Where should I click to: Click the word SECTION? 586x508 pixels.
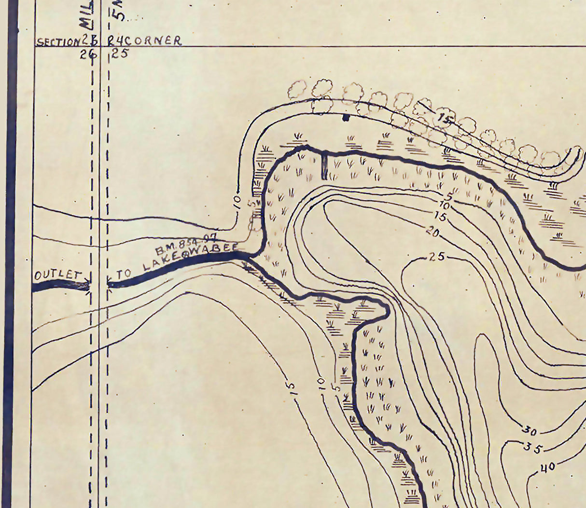56,41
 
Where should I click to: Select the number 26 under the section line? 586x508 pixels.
88,55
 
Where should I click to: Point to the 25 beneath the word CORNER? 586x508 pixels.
120,54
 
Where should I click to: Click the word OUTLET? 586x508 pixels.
56,275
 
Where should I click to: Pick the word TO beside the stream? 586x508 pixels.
124,274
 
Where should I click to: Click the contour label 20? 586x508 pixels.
433,233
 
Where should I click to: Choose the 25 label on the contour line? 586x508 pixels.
436,257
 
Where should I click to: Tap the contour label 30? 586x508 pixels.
530,430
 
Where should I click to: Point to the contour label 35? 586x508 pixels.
533,447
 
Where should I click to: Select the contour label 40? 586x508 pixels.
547,467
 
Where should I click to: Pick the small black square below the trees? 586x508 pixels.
345,117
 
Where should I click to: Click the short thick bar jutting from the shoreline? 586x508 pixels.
324,165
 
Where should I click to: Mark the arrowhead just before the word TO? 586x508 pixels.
109,280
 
